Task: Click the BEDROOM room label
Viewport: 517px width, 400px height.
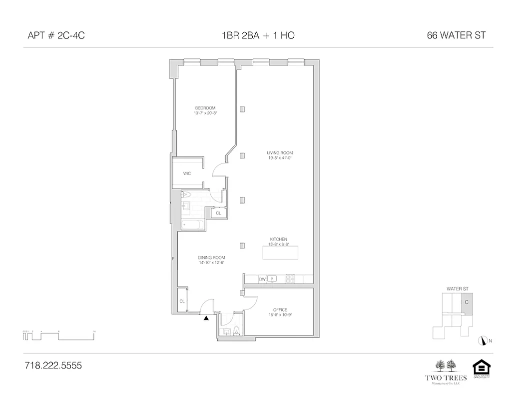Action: pos(205,108)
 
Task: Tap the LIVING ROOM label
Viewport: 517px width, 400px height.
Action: pos(279,153)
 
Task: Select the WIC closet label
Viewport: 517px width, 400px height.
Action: pos(187,173)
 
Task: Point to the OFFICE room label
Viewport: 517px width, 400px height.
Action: pos(280,310)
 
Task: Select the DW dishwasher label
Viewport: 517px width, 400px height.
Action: pos(262,279)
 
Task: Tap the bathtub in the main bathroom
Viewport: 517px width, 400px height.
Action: pos(192,225)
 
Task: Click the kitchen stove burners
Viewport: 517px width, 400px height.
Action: pos(290,279)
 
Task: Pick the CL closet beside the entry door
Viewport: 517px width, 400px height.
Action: pos(182,301)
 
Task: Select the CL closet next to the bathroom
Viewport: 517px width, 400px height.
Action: pos(218,213)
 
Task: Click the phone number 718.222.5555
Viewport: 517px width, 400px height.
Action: pos(53,365)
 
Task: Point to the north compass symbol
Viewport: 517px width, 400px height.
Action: pos(483,340)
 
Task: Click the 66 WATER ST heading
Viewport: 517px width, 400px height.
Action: pos(456,35)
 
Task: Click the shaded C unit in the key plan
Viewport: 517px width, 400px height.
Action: pos(466,303)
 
